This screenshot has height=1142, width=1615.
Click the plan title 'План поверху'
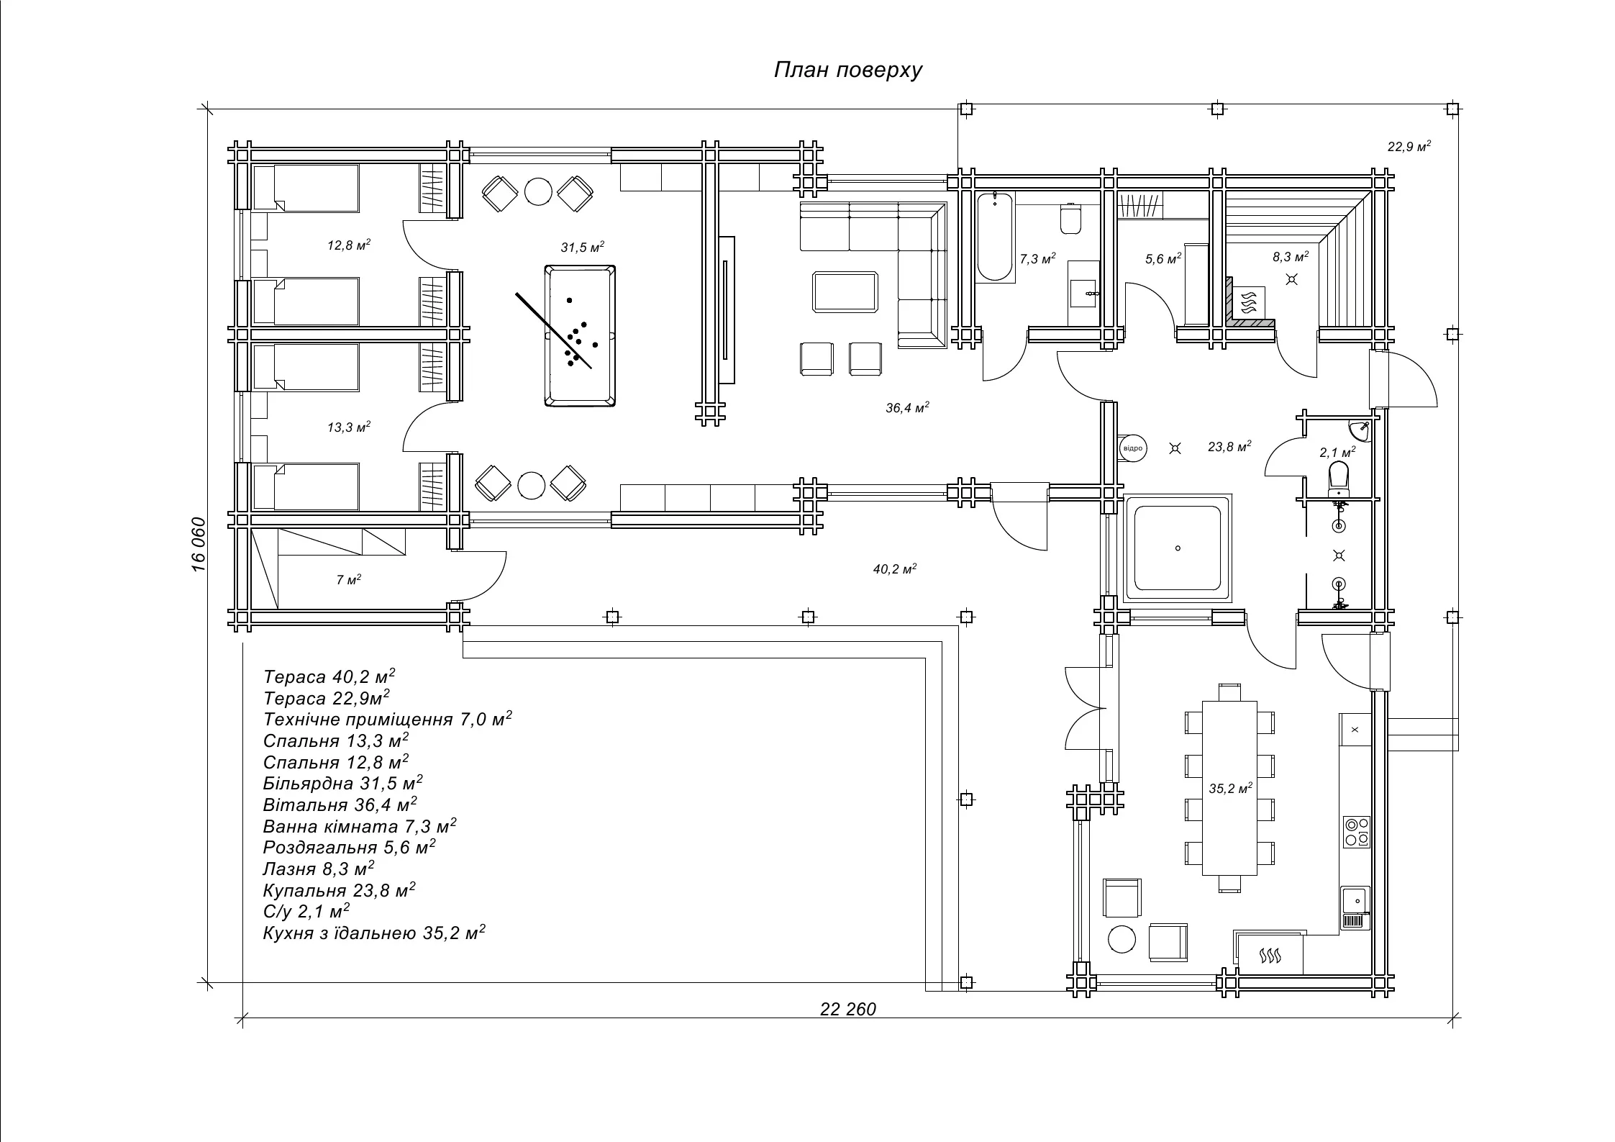click(x=847, y=71)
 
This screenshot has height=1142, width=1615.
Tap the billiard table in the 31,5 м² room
click(x=580, y=335)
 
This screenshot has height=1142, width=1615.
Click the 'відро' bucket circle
click(x=1132, y=448)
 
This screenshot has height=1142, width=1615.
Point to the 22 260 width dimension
click(x=847, y=1010)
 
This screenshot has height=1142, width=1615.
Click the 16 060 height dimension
click(x=199, y=544)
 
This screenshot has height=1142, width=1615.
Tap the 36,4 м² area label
click(x=906, y=408)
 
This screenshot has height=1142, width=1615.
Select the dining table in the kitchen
click(x=1229, y=787)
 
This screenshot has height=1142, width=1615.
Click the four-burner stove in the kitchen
click(x=1356, y=832)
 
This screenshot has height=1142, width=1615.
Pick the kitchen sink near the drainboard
click(x=1355, y=899)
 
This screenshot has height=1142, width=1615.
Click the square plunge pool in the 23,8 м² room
click(x=1177, y=548)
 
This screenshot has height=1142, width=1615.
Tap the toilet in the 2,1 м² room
click(x=1339, y=477)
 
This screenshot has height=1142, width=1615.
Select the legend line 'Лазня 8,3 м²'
click(x=319, y=869)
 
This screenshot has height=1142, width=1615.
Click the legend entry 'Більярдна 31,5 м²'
click(x=342, y=784)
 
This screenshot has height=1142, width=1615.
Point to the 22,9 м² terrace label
click(x=1409, y=147)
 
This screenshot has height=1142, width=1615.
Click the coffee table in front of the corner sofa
click(x=845, y=292)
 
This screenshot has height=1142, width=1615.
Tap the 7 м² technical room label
click(x=348, y=579)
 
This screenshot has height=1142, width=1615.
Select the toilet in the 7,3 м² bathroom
click(x=1070, y=219)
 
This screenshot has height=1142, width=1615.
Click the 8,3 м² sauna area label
click(x=1290, y=257)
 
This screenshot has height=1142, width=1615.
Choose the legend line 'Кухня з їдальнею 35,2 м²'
click(x=374, y=933)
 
